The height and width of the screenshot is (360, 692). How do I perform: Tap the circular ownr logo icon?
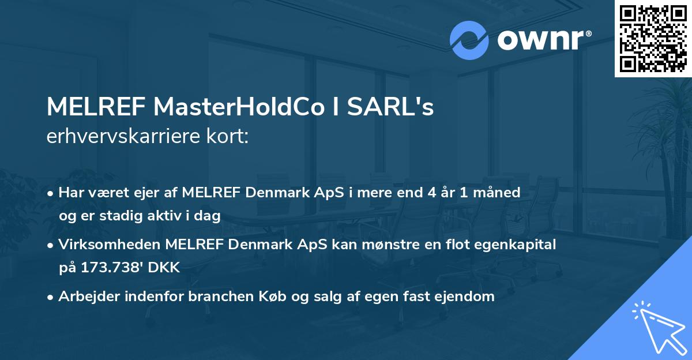coord(469,40)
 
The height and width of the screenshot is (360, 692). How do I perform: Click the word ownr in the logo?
coord(541,40)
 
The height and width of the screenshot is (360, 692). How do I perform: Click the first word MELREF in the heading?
coord(95,108)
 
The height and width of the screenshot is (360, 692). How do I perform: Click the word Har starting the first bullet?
coord(70,193)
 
